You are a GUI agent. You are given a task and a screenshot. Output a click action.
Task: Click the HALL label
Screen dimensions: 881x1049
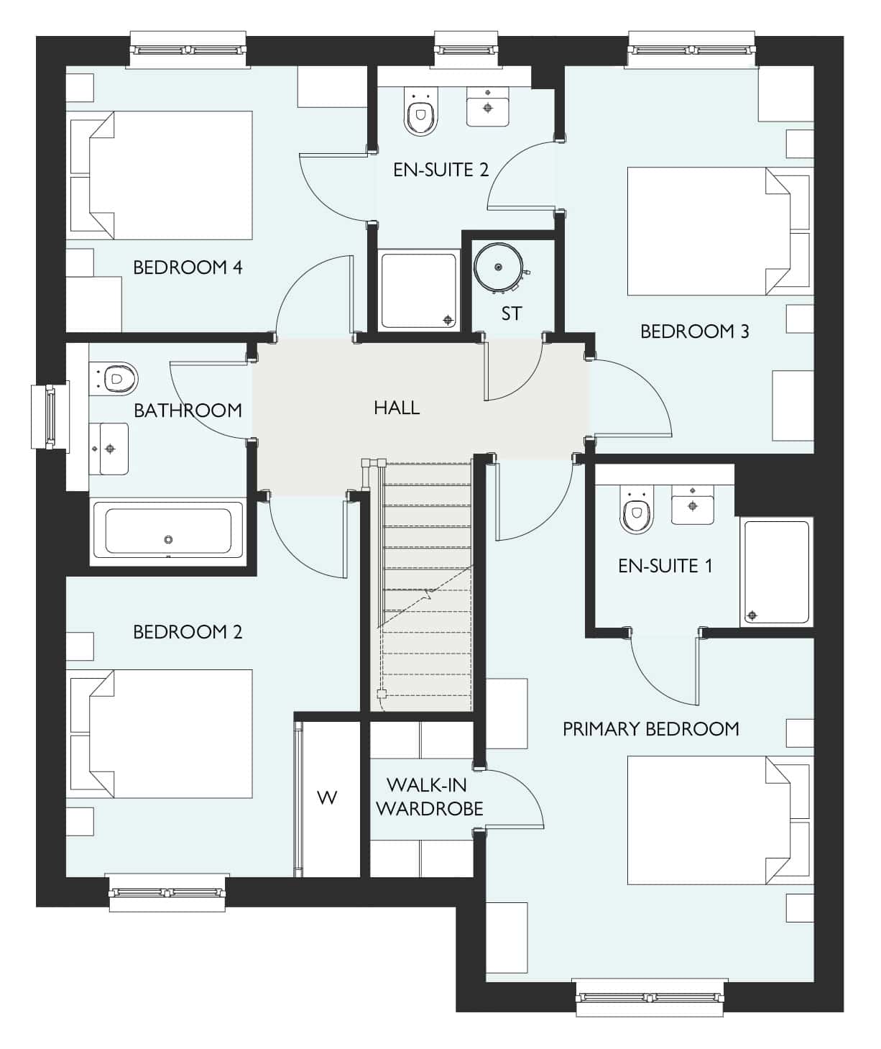pos(396,408)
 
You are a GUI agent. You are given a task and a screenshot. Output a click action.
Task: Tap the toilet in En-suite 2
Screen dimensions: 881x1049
pos(421,111)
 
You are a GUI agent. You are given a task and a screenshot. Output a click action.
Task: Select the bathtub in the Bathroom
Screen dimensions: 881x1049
pos(167,531)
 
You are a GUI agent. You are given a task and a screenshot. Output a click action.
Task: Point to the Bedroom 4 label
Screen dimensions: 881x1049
pos(188,267)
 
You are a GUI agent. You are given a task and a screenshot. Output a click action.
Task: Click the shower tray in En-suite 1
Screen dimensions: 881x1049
pos(777,572)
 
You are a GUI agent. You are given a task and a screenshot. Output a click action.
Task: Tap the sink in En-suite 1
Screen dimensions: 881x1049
pos(693,505)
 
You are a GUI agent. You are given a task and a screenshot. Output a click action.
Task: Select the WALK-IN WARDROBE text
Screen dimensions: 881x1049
pos(429,797)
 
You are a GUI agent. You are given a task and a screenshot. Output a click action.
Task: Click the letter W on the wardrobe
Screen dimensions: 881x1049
pos(327,797)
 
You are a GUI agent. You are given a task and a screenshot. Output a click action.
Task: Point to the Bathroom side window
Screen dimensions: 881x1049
pos(50,416)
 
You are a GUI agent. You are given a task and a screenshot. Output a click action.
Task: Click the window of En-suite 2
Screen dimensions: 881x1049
pos(466,49)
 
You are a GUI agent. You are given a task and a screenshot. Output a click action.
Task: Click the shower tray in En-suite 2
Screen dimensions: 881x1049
pos(418,291)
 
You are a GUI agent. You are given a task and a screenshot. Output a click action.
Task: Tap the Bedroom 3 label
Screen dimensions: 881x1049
pos(695,331)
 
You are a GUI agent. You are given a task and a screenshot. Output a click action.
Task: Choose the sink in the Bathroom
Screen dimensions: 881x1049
pos(109,448)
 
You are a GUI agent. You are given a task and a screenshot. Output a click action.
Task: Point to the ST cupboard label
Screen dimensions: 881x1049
pos(512,313)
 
